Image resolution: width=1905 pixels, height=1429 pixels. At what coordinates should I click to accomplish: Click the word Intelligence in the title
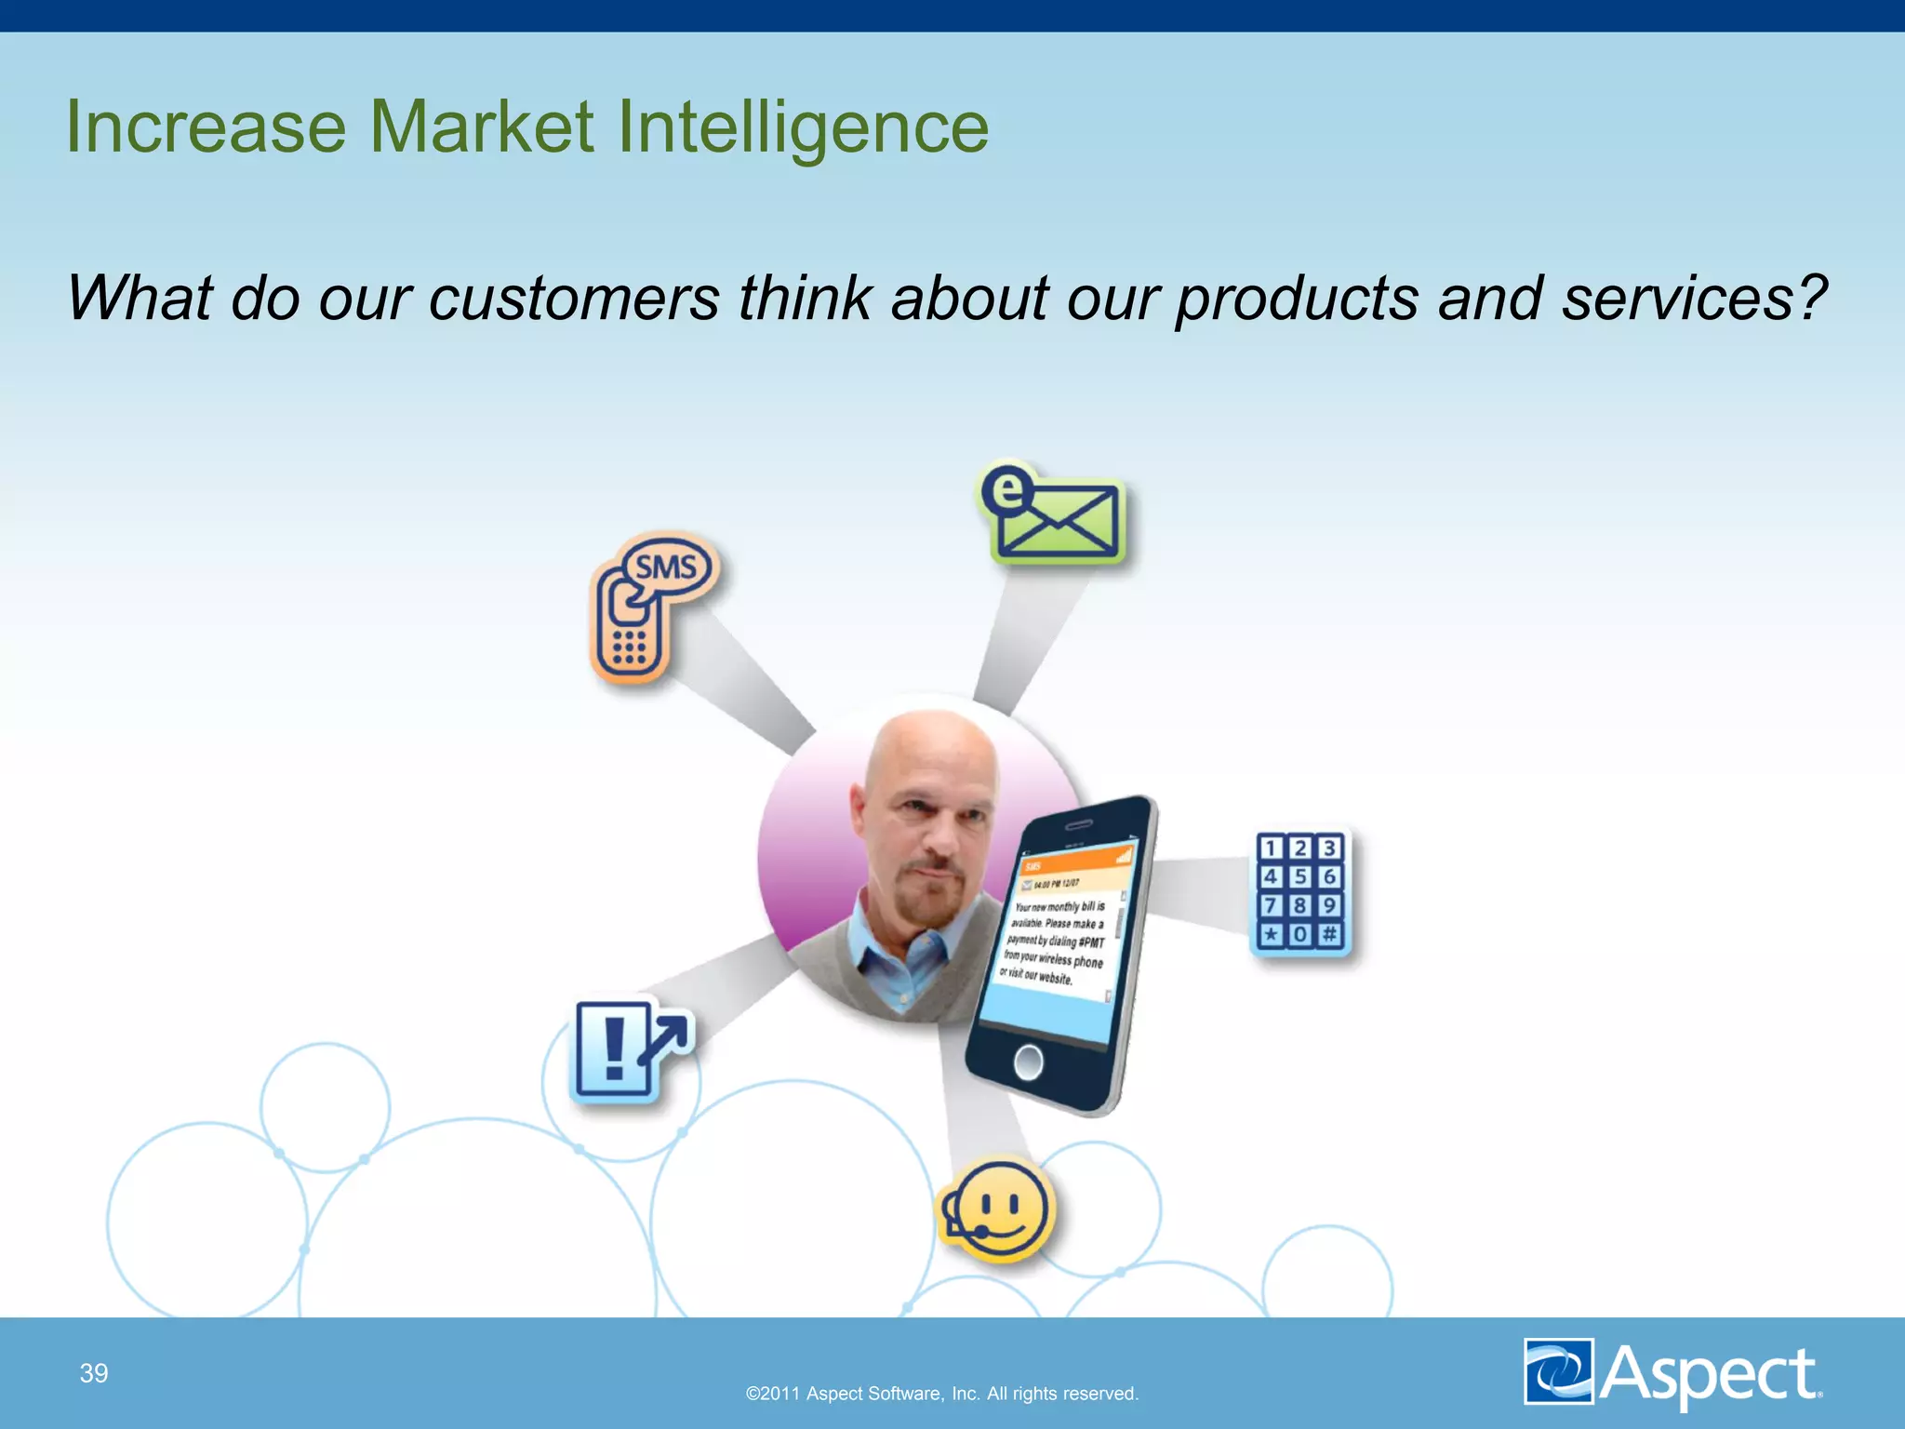pyautogui.click(x=802, y=127)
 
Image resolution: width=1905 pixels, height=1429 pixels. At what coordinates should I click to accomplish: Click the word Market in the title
pyautogui.click(x=481, y=127)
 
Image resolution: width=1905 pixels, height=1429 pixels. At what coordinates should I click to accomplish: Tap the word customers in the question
pyautogui.click(x=573, y=299)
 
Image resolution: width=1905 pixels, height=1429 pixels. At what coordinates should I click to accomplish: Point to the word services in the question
pyautogui.click(x=1694, y=299)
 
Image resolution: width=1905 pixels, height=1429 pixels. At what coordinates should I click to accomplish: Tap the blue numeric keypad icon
pyautogui.click(x=1299, y=891)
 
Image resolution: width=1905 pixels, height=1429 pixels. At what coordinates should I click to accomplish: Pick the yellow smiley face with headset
pyautogui.click(x=998, y=1209)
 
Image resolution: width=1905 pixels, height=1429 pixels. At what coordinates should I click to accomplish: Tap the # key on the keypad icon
pyautogui.click(x=1329, y=933)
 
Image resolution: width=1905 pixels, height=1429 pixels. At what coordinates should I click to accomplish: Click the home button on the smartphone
pyautogui.click(x=1028, y=1062)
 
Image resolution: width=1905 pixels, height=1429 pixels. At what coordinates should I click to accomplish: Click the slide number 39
pyautogui.click(x=94, y=1373)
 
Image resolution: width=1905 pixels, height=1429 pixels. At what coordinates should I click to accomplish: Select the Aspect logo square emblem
pyautogui.click(x=1559, y=1370)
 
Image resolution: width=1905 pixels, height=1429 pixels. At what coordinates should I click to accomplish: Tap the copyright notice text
pyautogui.click(x=942, y=1394)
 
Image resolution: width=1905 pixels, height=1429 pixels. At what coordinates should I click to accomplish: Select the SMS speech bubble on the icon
pyautogui.click(x=667, y=567)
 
